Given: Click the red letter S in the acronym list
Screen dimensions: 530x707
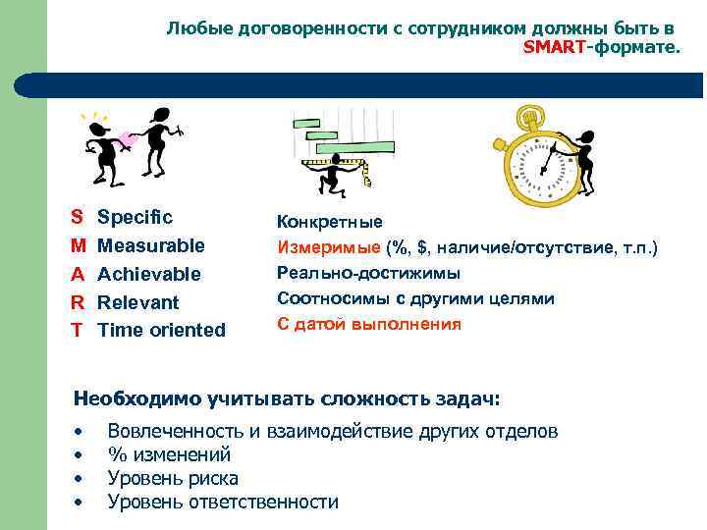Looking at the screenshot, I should (77, 217).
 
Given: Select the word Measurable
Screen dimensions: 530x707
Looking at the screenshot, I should (151, 245).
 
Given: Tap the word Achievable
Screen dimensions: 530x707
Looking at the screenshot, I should (149, 274).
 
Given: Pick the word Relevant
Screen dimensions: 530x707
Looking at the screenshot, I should (138, 302).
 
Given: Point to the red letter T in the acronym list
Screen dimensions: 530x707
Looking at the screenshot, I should (76, 331).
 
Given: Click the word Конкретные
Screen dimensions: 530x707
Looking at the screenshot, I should (330, 223).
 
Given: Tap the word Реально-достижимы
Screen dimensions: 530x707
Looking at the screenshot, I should (368, 273).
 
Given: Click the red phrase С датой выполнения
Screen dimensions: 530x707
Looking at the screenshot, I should (368, 324).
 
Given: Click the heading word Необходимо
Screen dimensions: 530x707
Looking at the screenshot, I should (137, 398).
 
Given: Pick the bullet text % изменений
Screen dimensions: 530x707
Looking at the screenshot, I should (169, 454).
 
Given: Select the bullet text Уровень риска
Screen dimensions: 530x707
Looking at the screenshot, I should (173, 478).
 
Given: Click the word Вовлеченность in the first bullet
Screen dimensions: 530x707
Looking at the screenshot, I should (175, 431).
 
